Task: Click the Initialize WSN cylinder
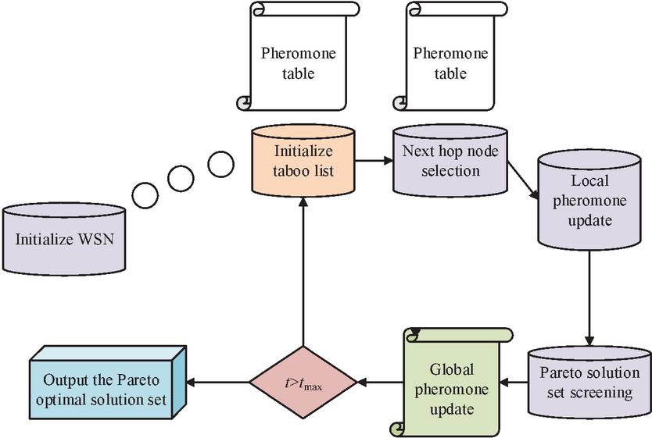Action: point(64,237)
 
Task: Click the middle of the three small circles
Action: point(181,179)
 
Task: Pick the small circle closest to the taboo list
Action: point(220,164)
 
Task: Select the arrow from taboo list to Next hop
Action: point(374,162)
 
